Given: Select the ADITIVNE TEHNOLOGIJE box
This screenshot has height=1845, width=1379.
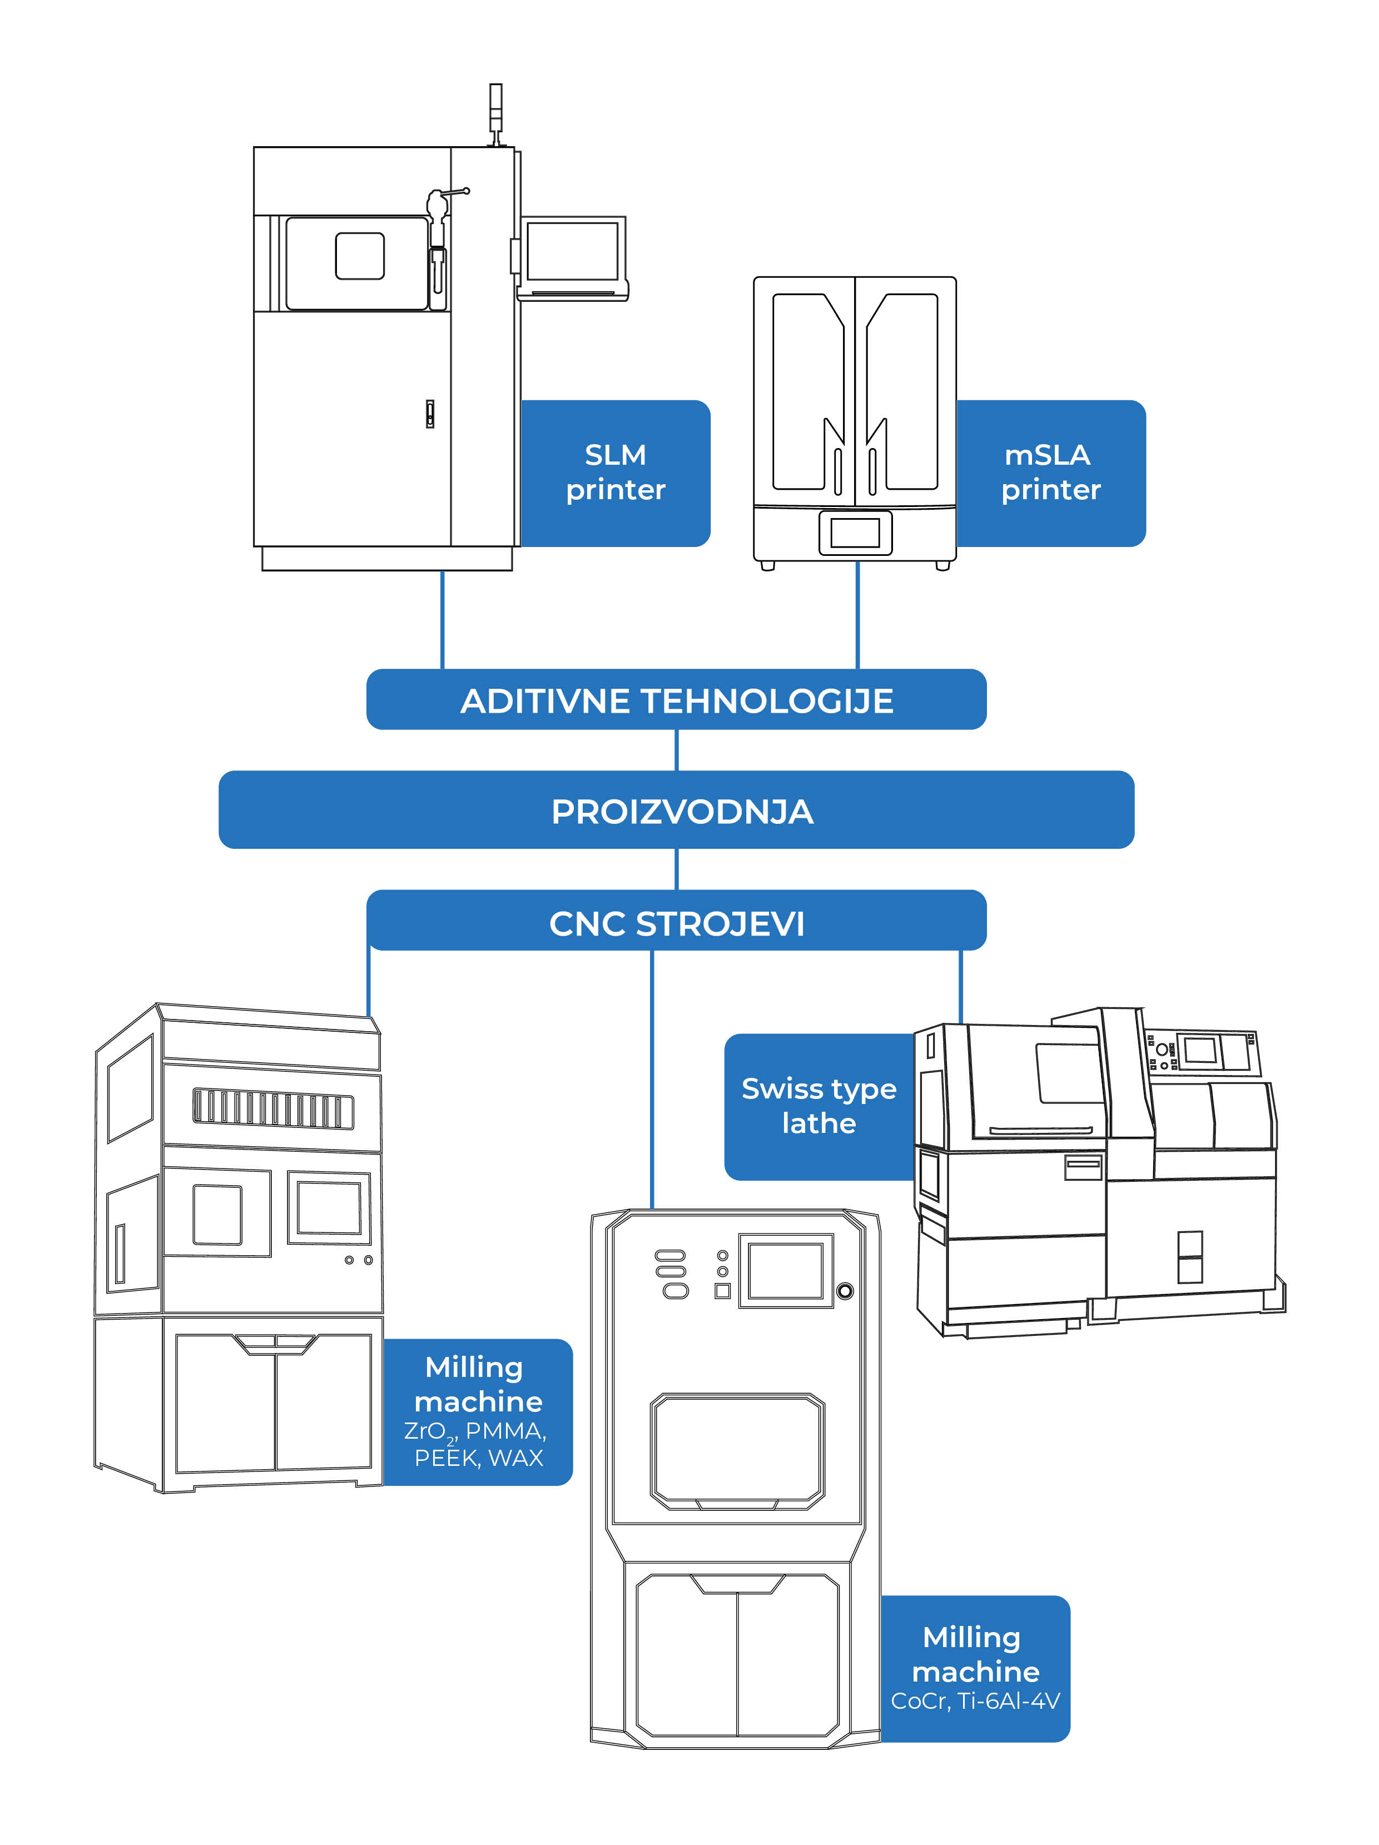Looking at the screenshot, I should click(676, 699).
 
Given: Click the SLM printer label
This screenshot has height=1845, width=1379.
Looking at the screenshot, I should click(616, 472).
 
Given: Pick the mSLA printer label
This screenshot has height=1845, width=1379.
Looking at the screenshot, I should click(1050, 472).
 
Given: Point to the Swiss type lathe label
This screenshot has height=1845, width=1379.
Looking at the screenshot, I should click(819, 1105).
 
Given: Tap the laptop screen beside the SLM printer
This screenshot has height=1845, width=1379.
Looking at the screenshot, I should click(572, 250).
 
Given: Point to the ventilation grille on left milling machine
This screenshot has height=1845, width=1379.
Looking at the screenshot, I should click(273, 1108).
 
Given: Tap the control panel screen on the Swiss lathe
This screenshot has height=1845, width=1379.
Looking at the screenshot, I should click(1199, 1050).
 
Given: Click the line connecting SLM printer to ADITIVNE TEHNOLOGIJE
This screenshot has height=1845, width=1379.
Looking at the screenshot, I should click(442, 619).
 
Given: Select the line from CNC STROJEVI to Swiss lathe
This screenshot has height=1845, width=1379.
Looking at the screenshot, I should click(960, 986).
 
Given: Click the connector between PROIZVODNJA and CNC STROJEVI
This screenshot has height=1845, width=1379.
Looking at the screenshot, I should click(676, 868).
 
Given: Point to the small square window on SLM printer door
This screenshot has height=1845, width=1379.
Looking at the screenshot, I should click(360, 255).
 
